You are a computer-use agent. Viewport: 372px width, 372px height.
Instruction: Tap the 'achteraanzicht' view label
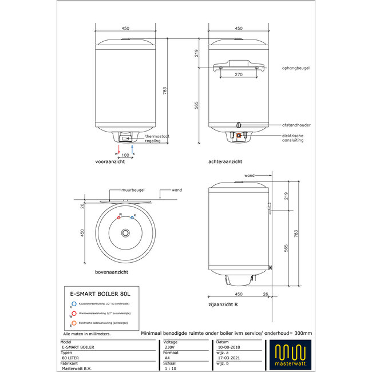click(x=226, y=163)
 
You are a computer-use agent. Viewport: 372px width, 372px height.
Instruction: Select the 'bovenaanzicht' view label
click(x=112, y=272)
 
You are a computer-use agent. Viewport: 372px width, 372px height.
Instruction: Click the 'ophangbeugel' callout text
click(x=296, y=68)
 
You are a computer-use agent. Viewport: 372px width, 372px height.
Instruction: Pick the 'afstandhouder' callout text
click(x=296, y=125)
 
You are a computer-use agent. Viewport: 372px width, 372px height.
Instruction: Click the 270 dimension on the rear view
click(x=239, y=74)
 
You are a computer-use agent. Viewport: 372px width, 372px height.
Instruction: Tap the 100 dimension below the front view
click(x=125, y=155)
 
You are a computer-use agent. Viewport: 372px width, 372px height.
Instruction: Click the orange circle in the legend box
click(x=73, y=323)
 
